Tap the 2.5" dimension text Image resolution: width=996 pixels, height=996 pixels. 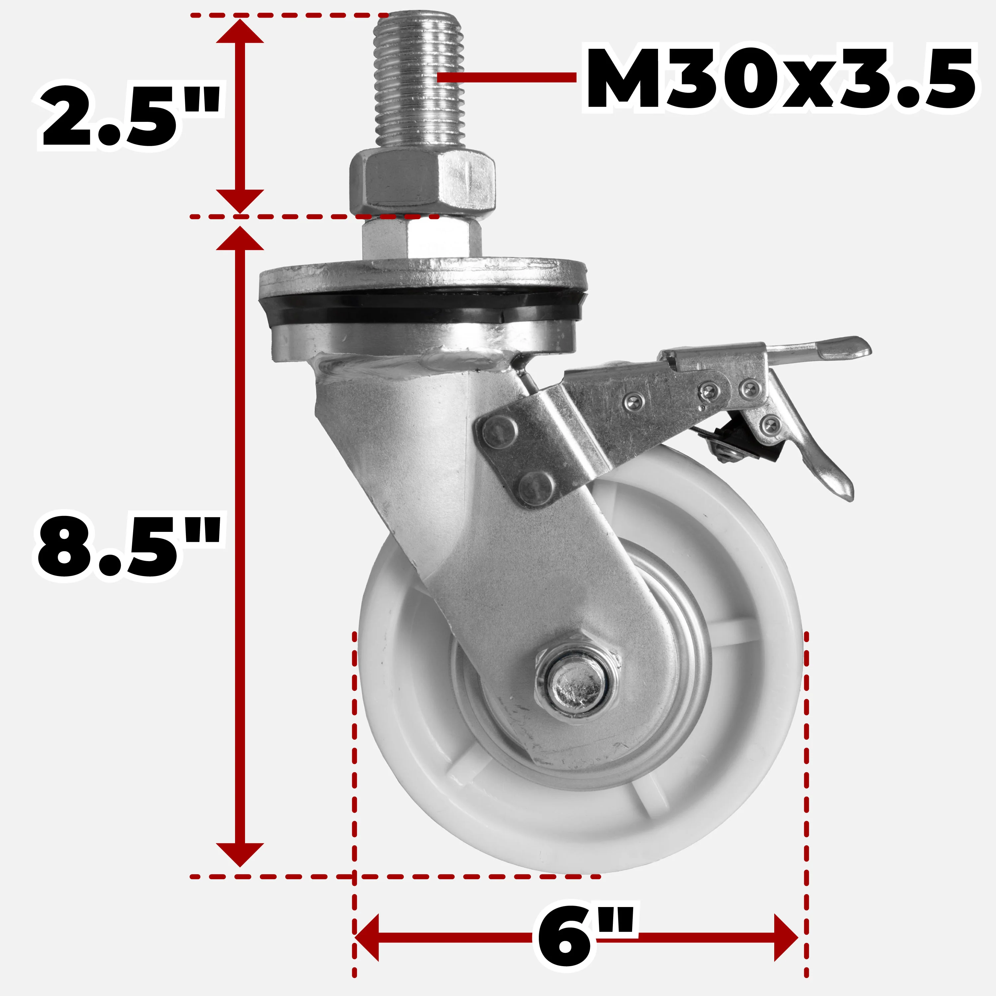tap(129, 118)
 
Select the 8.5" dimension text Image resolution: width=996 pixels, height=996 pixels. tap(129, 547)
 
